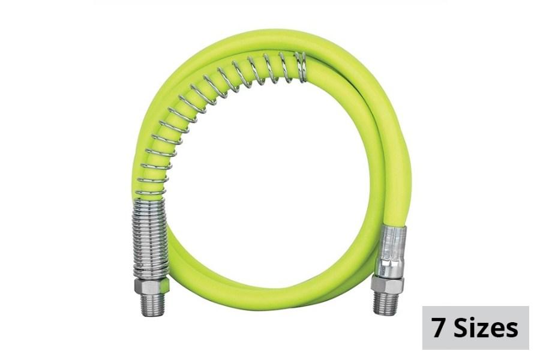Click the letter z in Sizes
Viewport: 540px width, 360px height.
485,331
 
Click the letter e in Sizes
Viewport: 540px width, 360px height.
499,331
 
